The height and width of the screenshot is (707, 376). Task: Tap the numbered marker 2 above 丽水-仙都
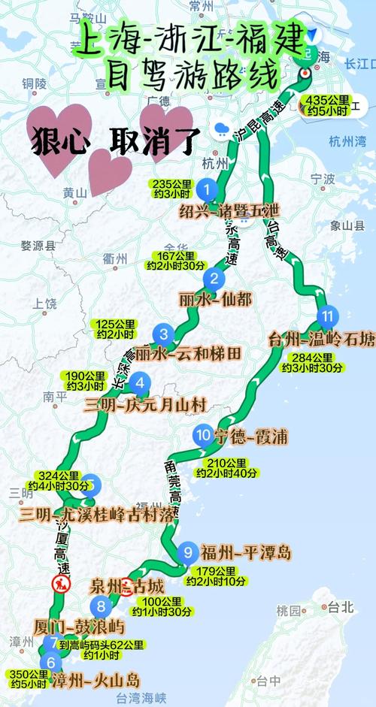tap(214, 280)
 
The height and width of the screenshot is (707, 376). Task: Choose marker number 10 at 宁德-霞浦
tap(202, 434)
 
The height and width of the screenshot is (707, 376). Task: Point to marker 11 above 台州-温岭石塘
tap(326, 316)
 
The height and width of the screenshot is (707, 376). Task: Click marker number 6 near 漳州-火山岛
tap(50, 663)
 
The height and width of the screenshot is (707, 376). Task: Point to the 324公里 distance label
tap(59, 480)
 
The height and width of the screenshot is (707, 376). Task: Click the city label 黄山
tap(75, 193)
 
